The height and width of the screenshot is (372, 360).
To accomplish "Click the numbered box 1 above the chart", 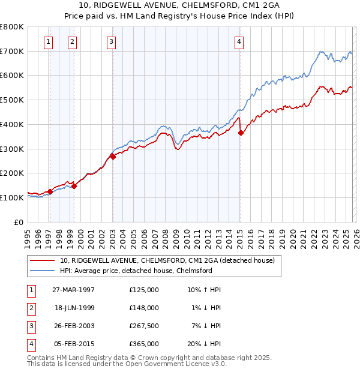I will point(48,41).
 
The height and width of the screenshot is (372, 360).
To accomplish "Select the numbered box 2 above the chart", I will point(72,41).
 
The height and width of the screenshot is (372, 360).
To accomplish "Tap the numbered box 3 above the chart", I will point(112,41).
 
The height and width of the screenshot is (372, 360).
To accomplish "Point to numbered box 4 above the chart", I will point(239,41).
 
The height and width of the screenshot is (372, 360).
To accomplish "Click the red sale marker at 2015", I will point(240,133).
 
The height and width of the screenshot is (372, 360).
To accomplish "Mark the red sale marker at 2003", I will point(113,157).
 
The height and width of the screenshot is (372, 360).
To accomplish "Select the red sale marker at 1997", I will point(50,191).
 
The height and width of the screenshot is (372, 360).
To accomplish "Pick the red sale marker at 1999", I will point(74,186).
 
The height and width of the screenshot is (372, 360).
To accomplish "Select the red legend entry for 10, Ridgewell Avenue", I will point(167,260).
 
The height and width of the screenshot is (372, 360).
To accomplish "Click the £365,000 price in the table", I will point(144,344).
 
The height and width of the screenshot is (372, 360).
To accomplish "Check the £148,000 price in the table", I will point(144,308).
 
